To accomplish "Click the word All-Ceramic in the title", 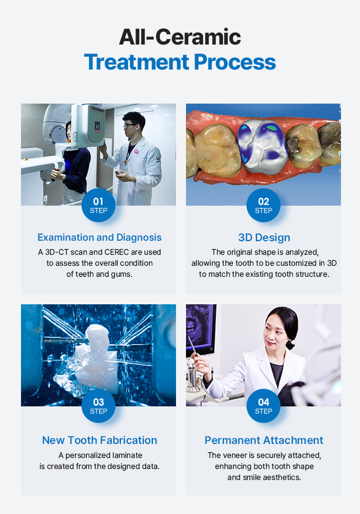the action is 180,37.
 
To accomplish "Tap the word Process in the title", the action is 234,62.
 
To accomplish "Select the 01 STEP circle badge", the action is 98,205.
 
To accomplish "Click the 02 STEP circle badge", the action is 263,205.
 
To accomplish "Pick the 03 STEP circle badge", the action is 98,406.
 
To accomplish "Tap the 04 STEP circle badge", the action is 263,406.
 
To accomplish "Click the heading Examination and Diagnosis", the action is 99,237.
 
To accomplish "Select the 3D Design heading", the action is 264,237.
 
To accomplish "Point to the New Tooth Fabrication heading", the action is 99,440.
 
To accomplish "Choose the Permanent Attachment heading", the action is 264,440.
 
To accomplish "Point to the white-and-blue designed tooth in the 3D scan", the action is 262,146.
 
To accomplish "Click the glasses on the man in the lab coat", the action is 128,126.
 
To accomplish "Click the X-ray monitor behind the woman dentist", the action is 200,329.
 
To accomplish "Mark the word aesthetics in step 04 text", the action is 282,477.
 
